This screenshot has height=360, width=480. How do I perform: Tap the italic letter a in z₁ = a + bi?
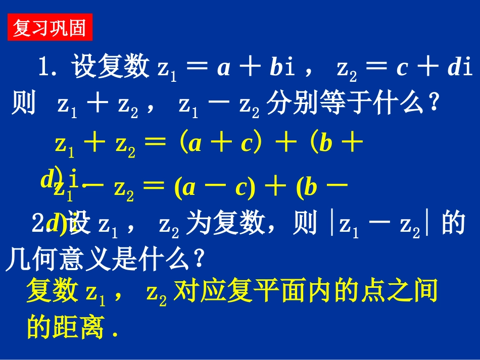[222, 68]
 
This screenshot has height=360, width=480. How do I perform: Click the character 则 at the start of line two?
[23, 105]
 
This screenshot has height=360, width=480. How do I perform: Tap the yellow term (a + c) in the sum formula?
[217, 144]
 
